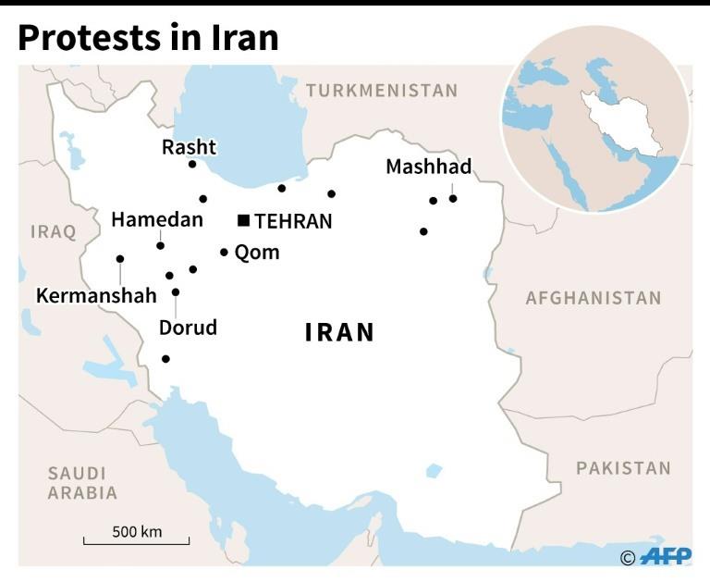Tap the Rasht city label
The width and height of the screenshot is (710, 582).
pos(189,147)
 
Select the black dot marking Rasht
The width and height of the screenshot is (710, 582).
pos(192,164)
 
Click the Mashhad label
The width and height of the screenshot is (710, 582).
pos(428,167)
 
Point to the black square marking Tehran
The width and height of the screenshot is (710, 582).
pos(243,220)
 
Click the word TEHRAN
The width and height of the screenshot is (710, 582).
pos(293,221)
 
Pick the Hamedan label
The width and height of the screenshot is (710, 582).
pos(156,220)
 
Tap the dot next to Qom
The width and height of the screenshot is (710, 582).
pos(224,252)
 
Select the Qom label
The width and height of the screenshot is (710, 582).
pos(257,253)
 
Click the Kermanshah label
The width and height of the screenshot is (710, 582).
pos(96,296)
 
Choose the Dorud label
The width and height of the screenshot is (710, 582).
pos(188,328)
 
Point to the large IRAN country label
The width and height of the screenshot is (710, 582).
pos(340,333)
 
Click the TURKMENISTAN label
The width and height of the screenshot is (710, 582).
pos(382,91)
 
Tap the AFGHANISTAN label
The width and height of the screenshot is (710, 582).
pos(594,298)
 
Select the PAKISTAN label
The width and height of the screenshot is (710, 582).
pos(623,468)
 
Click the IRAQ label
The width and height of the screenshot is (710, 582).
pos(54,231)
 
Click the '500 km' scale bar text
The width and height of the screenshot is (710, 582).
pos(137,531)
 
